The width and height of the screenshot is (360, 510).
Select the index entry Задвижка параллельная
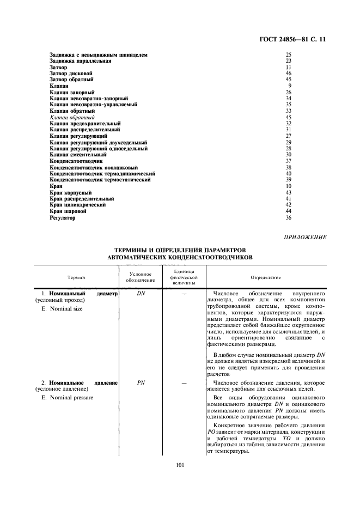(81, 61)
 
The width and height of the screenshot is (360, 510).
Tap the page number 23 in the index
(289, 61)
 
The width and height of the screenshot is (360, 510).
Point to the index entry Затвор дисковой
(71, 73)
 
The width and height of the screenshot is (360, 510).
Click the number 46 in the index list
(289, 73)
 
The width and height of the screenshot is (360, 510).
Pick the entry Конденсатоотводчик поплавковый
(93, 167)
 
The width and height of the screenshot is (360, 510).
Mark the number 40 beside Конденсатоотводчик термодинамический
(289, 173)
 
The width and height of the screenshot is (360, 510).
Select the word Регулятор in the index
(63, 218)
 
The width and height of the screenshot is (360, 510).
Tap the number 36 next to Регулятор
(289, 218)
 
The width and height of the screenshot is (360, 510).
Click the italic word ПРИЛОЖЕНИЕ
(305, 237)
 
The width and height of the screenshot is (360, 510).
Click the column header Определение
(266, 277)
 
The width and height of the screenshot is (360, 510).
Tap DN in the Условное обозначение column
(140, 293)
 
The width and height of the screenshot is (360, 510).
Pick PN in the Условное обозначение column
(140, 383)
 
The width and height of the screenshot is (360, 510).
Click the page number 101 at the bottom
(180, 465)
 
